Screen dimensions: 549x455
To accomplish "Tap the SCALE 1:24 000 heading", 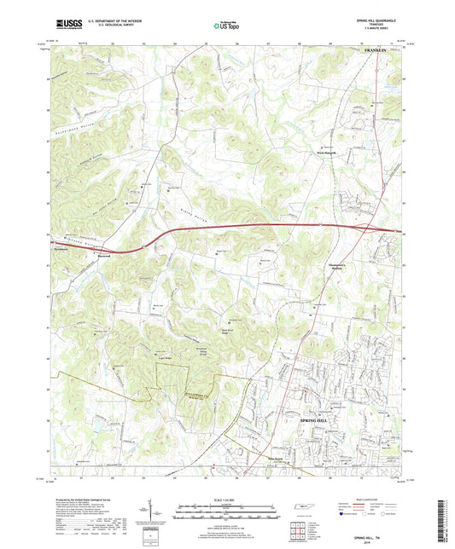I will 227,499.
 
